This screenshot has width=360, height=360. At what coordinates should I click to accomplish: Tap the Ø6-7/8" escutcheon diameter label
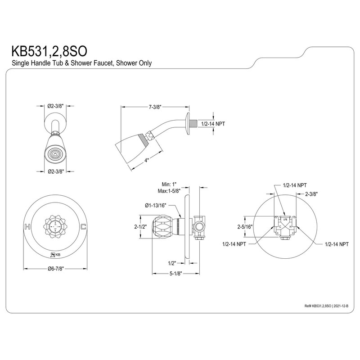55,270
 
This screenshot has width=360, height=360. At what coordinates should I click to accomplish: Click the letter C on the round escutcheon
82,226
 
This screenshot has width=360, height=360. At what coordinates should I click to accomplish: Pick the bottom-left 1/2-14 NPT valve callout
234,243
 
